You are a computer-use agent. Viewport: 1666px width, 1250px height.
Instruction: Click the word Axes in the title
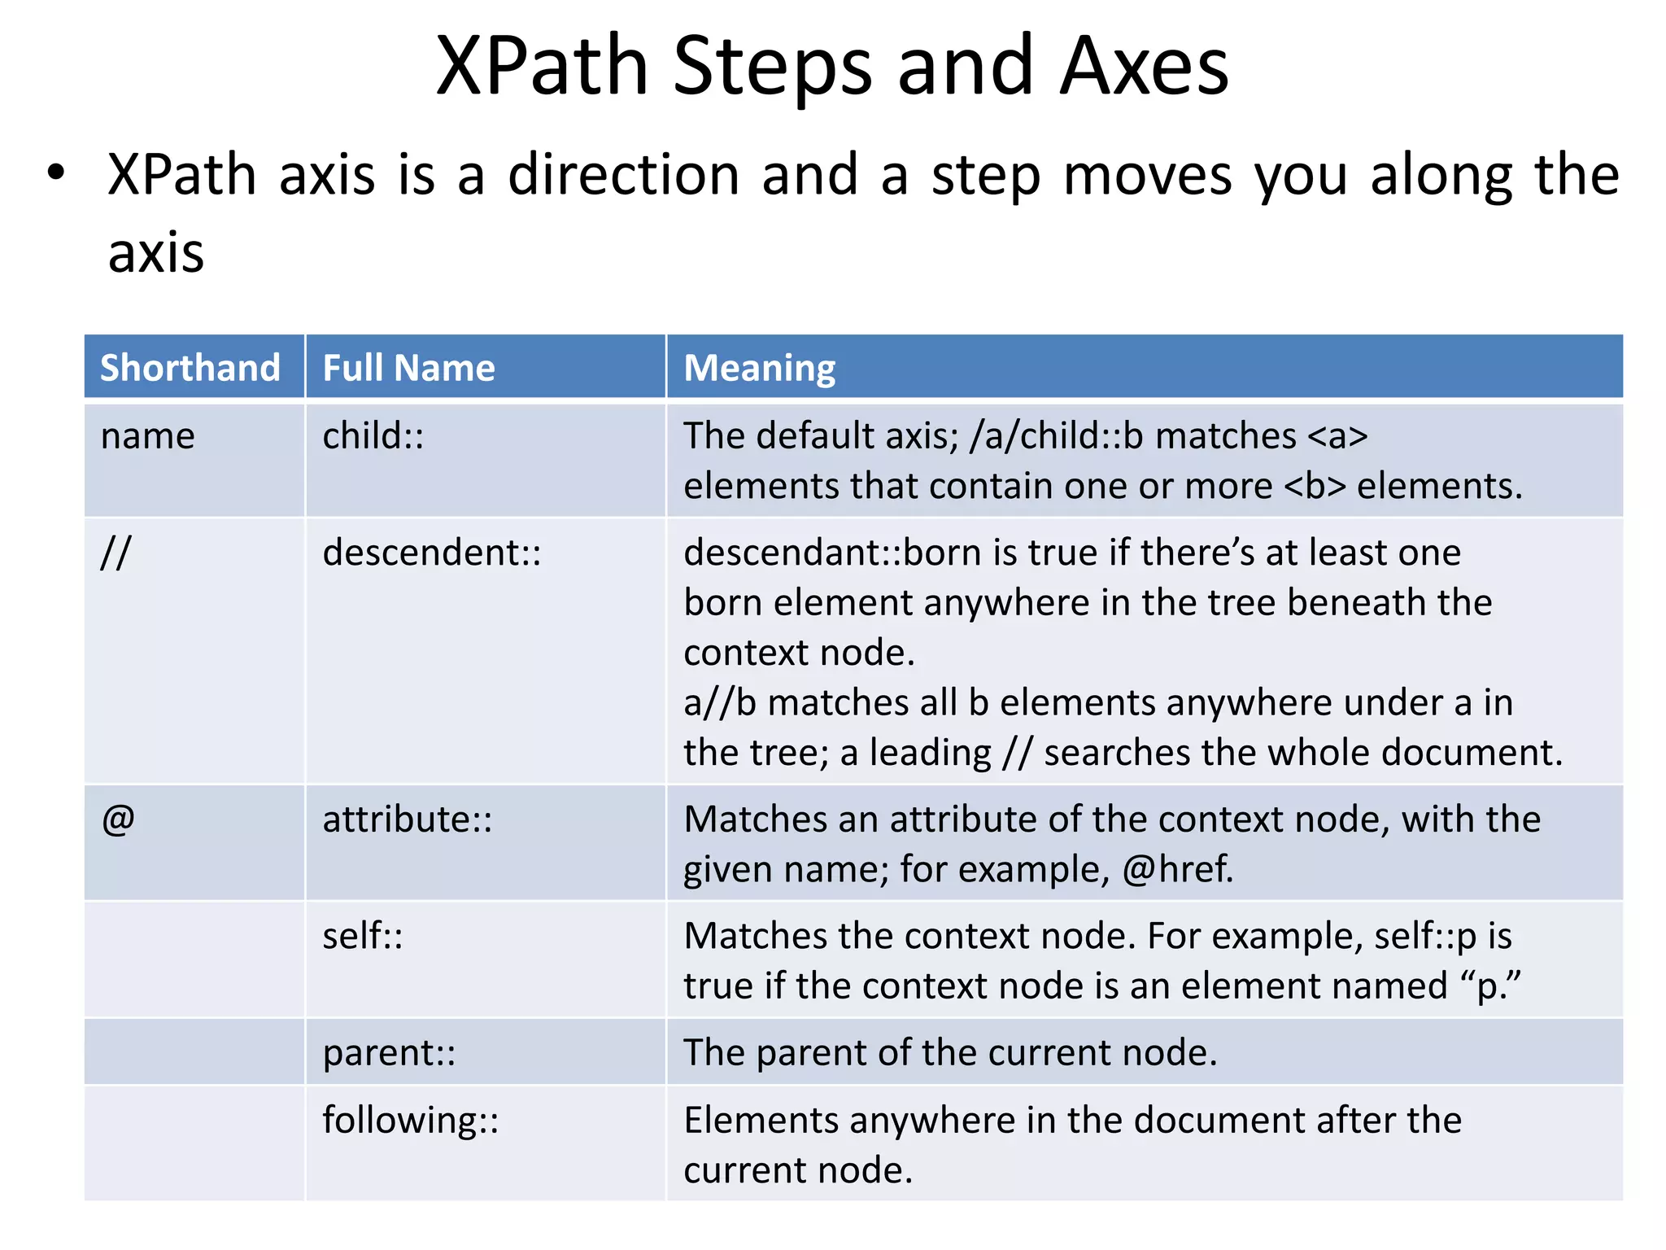1144,67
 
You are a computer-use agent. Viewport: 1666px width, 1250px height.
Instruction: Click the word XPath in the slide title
542,67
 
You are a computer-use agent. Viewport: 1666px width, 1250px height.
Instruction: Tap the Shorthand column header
190,368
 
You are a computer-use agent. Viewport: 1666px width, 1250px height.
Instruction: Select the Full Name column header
408,368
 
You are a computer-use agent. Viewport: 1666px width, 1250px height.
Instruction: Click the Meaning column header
759,368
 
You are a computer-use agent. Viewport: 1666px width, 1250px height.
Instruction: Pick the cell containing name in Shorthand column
148,436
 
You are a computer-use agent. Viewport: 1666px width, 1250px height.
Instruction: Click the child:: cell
373,436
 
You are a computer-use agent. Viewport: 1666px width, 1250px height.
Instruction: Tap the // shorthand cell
116,553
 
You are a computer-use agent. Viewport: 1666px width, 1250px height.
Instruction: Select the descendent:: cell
432,553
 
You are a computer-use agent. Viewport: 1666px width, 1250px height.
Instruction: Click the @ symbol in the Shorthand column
119,819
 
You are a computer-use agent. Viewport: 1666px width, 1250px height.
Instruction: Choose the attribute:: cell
408,819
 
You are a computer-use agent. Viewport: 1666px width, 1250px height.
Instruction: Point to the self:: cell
363,936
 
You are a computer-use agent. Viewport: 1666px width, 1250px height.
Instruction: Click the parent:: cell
389,1052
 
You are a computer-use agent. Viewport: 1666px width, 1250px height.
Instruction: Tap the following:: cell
411,1120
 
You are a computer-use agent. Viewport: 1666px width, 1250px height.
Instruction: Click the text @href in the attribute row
1177,869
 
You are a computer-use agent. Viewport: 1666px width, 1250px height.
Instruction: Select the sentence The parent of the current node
950,1052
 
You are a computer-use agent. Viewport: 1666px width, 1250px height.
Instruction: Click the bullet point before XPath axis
55,174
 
